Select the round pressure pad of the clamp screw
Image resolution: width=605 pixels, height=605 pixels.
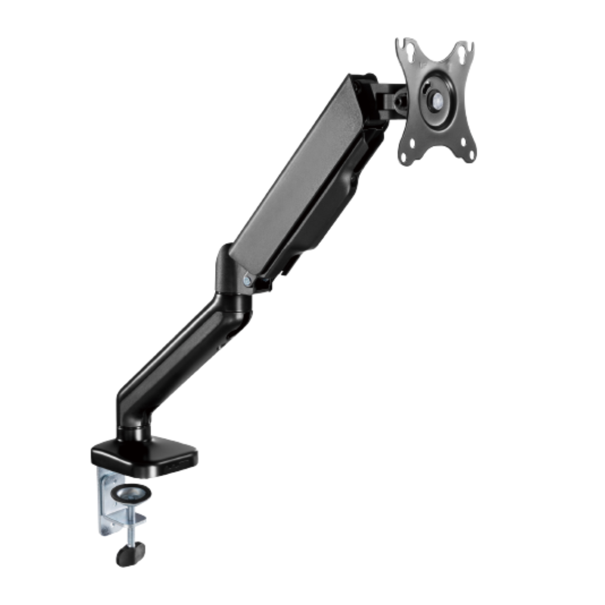pyautogui.click(x=131, y=494)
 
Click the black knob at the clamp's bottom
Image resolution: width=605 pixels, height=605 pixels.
pyautogui.click(x=130, y=555)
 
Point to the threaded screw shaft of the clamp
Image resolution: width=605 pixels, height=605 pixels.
pyautogui.click(x=131, y=532)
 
